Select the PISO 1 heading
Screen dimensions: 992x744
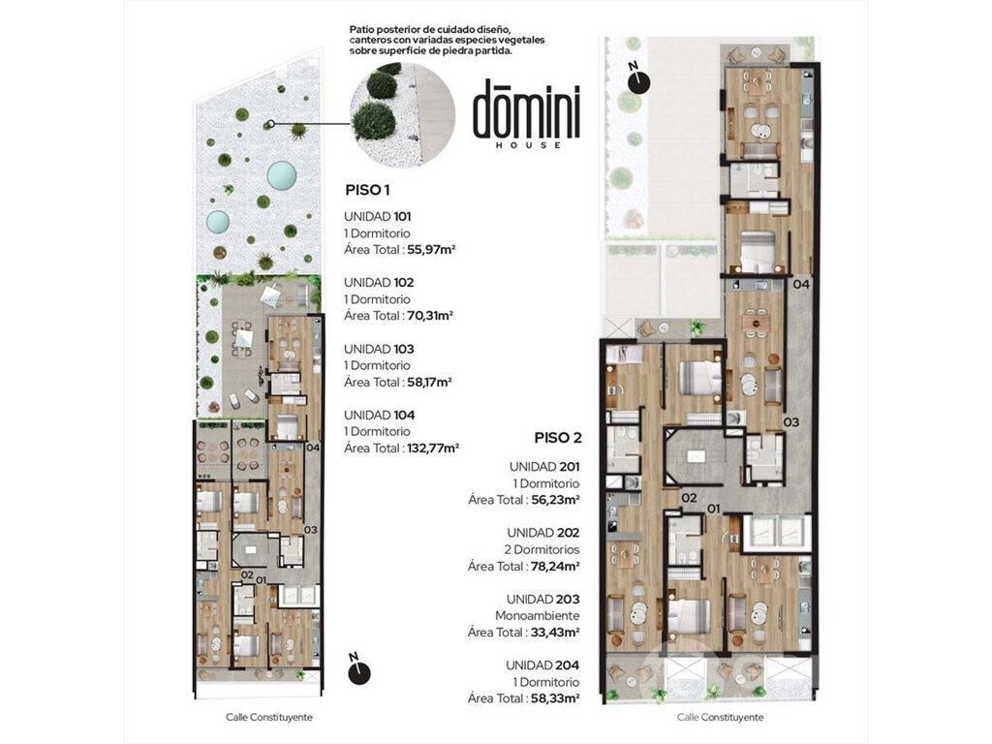(x=366, y=189)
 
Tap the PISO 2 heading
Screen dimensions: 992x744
(x=558, y=438)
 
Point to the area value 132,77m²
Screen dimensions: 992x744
(x=433, y=448)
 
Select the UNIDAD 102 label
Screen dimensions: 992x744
(x=379, y=282)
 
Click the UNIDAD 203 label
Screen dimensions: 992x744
(x=542, y=599)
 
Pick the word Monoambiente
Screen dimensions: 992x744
(x=537, y=615)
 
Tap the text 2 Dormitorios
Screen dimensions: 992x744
(x=542, y=549)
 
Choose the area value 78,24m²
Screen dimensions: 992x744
(x=555, y=566)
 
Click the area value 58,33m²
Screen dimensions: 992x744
(x=555, y=698)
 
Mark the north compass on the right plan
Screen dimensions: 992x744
(x=639, y=80)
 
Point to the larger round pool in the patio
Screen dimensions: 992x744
(x=282, y=174)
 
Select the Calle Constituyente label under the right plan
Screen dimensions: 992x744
(x=720, y=718)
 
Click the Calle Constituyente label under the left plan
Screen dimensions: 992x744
(x=269, y=718)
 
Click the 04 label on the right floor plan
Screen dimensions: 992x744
(x=801, y=285)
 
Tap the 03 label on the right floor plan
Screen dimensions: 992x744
(x=790, y=422)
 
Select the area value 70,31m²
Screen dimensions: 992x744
(x=431, y=316)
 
